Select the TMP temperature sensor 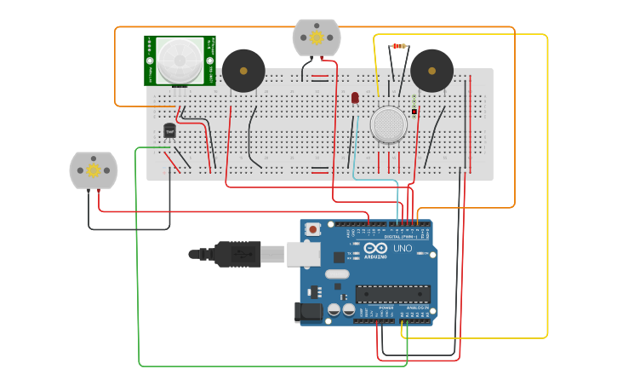[169, 130]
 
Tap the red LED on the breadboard [355, 98]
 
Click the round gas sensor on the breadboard [389, 124]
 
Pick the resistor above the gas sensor [398, 46]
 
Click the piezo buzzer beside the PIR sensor [243, 70]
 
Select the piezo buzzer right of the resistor [431, 70]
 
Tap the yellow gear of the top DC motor [317, 37]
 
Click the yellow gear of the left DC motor [93, 170]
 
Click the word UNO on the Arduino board [403, 249]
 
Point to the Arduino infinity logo [375, 248]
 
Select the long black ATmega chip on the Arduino [392, 294]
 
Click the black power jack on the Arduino [308, 312]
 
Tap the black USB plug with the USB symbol [238, 254]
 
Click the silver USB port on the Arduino [302, 253]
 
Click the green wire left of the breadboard [138, 256]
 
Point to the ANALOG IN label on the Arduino [415, 308]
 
